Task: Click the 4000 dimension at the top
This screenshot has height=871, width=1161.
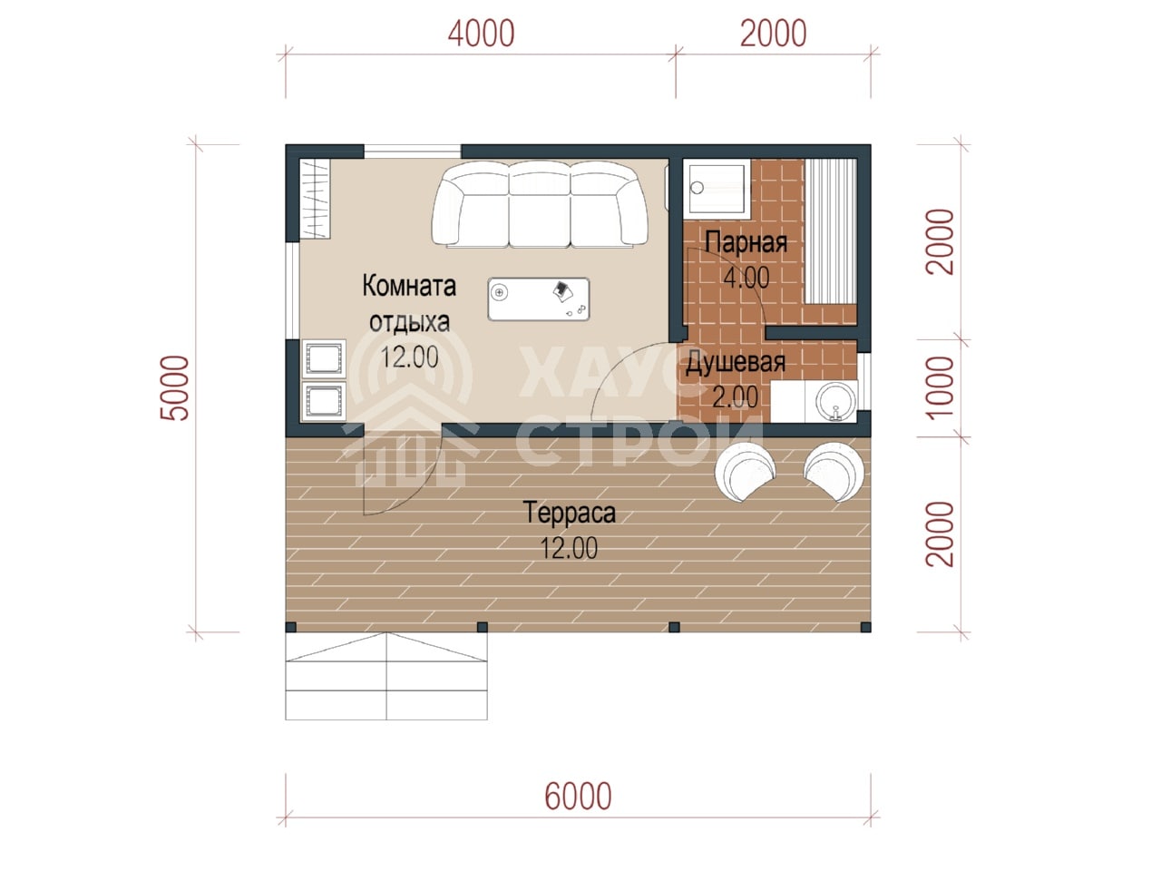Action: coord(480,34)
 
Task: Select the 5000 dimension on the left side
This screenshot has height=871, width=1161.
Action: coord(174,387)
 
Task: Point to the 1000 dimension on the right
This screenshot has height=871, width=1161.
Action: coord(940,387)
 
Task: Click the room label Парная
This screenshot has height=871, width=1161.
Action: coord(746,242)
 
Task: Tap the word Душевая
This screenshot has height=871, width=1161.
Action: coord(736,363)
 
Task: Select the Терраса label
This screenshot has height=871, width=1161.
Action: coord(570,513)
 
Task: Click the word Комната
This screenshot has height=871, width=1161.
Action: coord(409,286)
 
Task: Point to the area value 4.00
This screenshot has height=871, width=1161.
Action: coord(746,277)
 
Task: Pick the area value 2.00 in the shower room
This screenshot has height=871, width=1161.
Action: coord(735,396)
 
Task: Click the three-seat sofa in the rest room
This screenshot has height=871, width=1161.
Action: coord(540,204)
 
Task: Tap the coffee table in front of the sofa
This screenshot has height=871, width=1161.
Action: coord(539,298)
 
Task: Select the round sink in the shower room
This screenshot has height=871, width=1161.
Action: coord(835,401)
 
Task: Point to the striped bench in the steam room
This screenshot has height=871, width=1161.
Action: coord(830,231)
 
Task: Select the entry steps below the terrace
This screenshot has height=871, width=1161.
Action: coord(386,675)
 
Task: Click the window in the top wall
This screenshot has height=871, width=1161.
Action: coord(412,152)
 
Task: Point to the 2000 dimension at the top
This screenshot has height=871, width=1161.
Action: coord(773,34)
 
